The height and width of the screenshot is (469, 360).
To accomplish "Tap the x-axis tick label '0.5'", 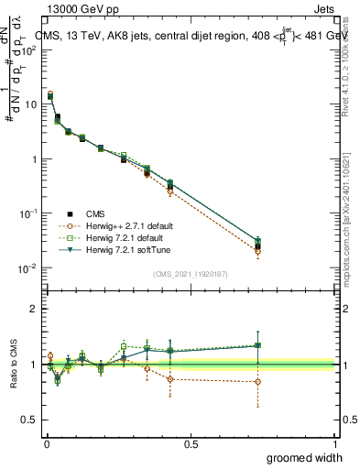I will [x=191, y=444].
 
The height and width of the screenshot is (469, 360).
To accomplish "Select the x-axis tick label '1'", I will [x=334, y=444].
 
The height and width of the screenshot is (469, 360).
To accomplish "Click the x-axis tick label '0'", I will [x=47, y=444].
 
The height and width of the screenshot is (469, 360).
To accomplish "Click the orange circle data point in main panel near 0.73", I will [x=257, y=251].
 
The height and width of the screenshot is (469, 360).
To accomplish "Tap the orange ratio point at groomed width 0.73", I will [x=257, y=382].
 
